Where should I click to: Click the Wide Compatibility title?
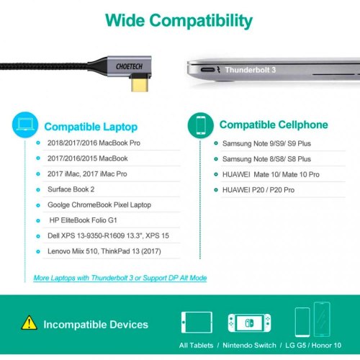180,19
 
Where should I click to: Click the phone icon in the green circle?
201,125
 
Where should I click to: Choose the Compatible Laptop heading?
92,127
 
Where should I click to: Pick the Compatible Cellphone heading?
273,125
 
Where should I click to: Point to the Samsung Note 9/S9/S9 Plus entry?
266,143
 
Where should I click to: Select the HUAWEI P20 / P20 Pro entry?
258,189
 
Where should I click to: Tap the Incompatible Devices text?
96,325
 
